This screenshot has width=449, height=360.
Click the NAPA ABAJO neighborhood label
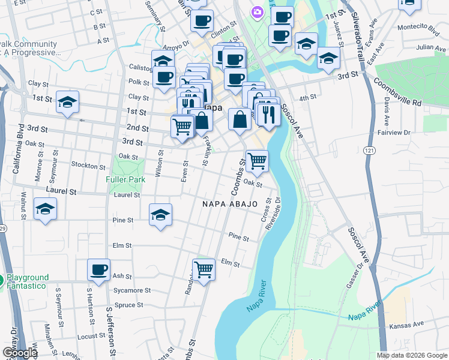[x=230, y=204]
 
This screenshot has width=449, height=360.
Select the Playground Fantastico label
[x=28, y=281]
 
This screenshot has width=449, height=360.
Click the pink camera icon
[x=257, y=11]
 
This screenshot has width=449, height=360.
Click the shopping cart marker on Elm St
[x=203, y=270]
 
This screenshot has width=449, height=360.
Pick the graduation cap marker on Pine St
[x=160, y=215]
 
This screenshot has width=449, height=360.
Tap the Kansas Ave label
[x=406, y=325]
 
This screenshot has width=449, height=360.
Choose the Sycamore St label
[x=132, y=290]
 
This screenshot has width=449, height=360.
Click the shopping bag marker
[x=240, y=118]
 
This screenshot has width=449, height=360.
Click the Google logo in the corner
[x=19, y=353]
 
